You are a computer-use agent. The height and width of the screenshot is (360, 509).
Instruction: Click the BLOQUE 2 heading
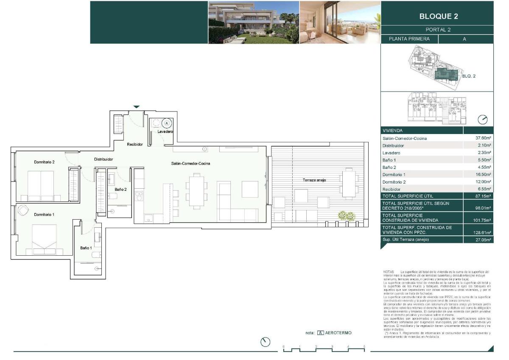tap(438, 17)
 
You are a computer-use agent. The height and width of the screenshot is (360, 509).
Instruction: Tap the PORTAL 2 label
tap(438, 30)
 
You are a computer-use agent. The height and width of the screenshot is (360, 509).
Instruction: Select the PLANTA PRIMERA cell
tap(409, 39)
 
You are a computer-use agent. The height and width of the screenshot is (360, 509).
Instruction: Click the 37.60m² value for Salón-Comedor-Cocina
tap(483, 138)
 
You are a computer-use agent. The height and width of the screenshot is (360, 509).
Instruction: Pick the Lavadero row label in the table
tap(392, 153)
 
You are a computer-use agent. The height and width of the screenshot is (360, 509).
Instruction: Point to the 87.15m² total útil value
tap(483, 196)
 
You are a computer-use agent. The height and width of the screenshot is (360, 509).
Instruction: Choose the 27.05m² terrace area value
tap(483, 240)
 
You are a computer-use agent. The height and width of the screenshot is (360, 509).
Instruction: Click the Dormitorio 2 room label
tap(45, 162)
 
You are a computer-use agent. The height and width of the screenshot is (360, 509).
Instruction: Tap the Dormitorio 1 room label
tap(45, 215)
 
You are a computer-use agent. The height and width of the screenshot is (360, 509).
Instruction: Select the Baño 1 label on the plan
tap(86, 248)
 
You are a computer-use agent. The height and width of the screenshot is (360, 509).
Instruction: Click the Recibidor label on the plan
tap(135, 145)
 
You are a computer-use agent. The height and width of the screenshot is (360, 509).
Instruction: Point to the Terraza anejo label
tap(314, 180)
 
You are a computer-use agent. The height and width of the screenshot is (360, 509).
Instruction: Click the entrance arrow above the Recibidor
tap(136, 107)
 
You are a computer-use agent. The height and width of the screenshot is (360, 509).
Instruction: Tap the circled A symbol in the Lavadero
tap(167, 123)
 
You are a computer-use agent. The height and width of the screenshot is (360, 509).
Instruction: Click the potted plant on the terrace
tap(346, 216)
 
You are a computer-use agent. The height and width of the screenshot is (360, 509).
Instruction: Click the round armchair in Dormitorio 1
tap(22, 210)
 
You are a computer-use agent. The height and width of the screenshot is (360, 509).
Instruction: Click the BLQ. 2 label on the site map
tap(468, 76)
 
